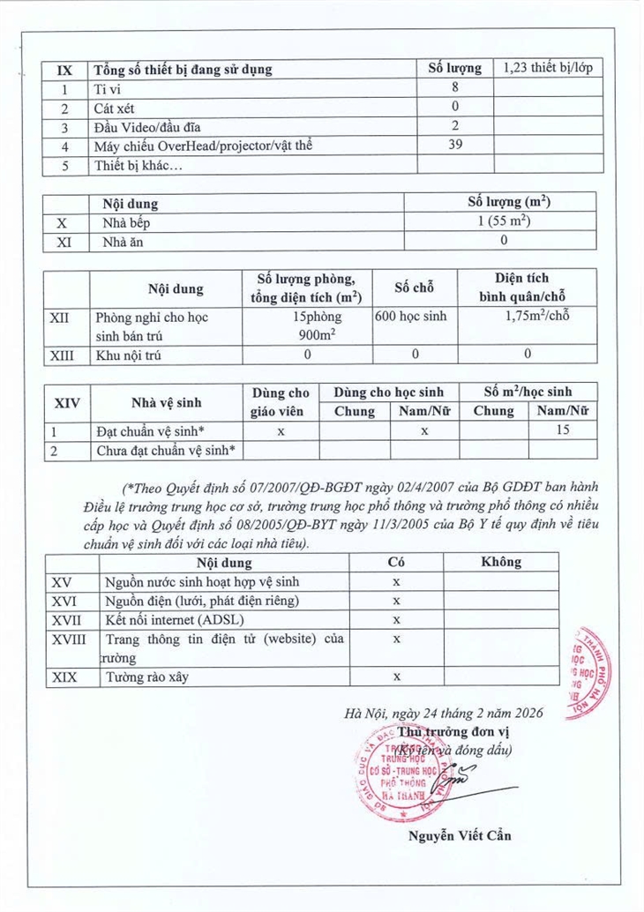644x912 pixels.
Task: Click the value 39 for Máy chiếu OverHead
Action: pyautogui.click(x=455, y=145)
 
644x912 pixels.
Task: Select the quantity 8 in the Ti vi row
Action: pyautogui.click(x=455, y=88)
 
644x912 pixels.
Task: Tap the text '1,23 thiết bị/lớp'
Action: pyautogui.click(x=547, y=69)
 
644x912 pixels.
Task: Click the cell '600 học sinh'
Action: pyautogui.click(x=413, y=317)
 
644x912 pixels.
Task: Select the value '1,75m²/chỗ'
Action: pyautogui.click(x=528, y=317)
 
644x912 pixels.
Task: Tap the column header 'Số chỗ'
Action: pyautogui.click(x=413, y=289)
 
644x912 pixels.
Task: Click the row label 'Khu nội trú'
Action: pyautogui.click(x=130, y=356)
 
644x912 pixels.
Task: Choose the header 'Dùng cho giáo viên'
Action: pyautogui.click(x=281, y=402)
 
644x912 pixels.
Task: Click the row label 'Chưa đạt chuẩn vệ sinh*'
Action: pyautogui.click(x=166, y=451)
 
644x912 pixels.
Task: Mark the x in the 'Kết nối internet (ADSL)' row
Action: pyautogui.click(x=397, y=620)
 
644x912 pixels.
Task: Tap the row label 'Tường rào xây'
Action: pyautogui.click(x=146, y=677)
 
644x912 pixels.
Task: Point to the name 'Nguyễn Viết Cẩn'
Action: pyautogui.click(x=460, y=835)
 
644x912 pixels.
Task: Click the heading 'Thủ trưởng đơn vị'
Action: pyautogui.click(x=453, y=732)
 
